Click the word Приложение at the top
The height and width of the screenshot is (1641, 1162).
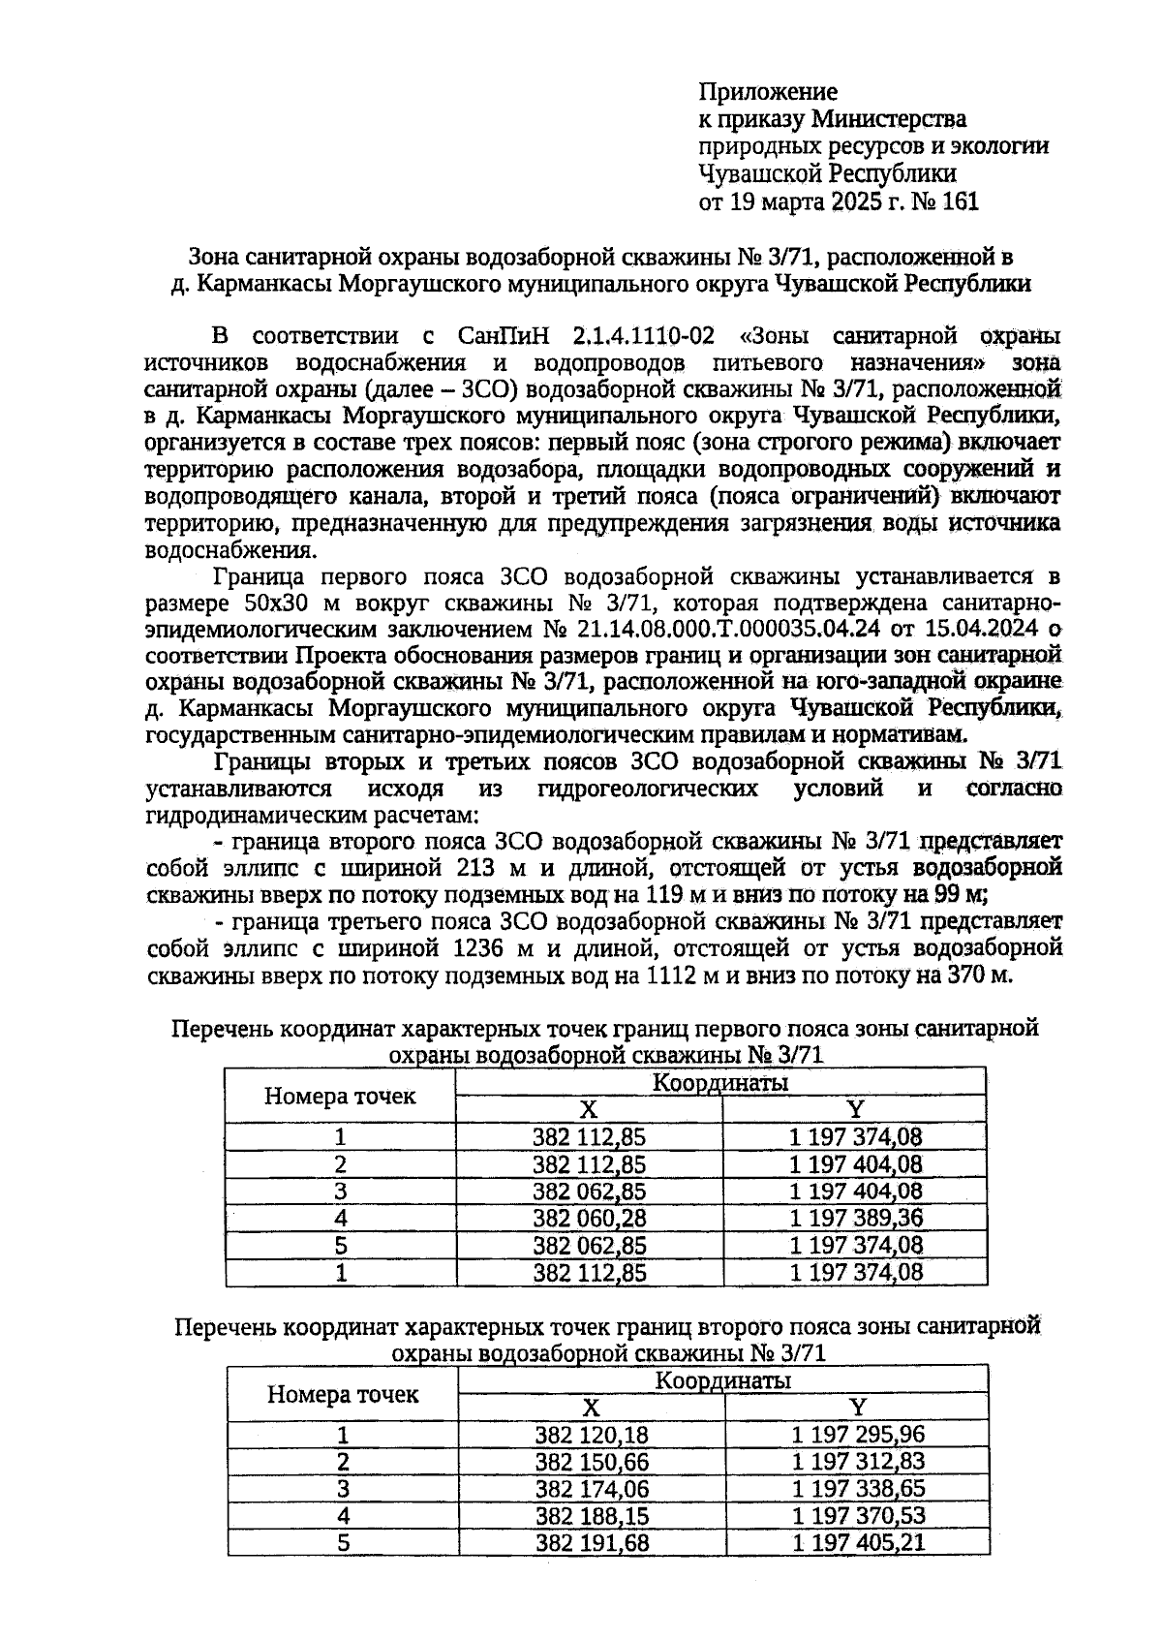pos(768,92)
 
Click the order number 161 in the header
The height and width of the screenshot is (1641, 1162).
pos(959,202)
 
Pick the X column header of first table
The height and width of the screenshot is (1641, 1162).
pos(589,1110)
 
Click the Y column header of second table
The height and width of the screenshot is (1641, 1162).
pos(857,1408)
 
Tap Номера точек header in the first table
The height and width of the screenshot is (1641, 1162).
pos(340,1096)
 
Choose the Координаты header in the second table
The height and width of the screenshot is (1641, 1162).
pos(722,1379)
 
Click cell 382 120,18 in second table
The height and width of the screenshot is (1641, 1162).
pos(592,1435)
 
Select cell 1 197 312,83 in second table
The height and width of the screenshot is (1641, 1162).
pos(858,1462)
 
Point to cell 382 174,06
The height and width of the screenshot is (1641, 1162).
pos(592,1489)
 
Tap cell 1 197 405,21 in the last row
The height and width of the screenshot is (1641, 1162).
pos(858,1541)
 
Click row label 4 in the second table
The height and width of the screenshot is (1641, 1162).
pos(342,1516)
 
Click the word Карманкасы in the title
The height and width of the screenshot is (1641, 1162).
pos(256,285)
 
